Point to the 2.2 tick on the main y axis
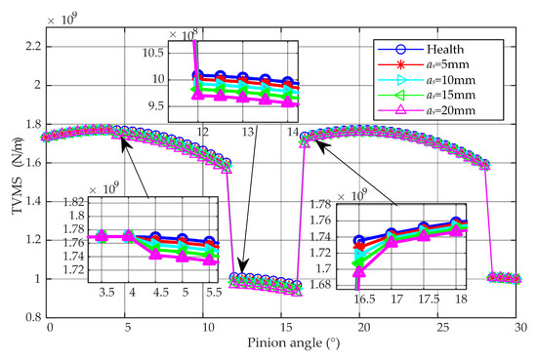[31, 47]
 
